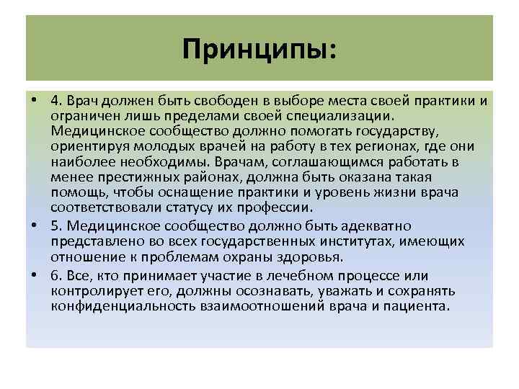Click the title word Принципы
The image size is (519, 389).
(x=259, y=50)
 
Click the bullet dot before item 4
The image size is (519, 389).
(x=34, y=100)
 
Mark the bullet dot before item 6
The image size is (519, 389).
(x=34, y=277)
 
